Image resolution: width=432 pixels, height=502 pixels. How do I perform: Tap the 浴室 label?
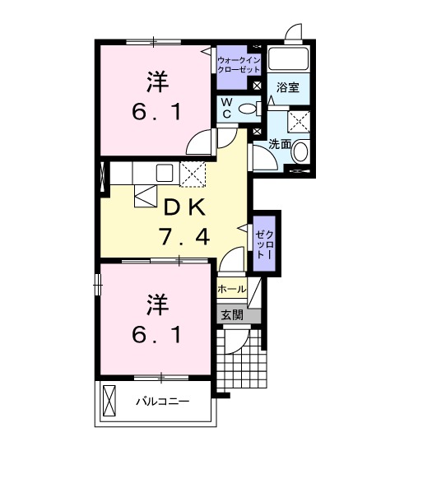point(287,86)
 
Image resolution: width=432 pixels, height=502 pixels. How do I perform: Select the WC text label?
point(226,108)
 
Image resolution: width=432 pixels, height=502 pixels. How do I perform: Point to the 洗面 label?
point(281,142)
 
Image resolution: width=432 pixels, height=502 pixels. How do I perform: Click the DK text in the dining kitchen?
point(183,207)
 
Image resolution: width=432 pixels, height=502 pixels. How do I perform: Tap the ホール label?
point(231,289)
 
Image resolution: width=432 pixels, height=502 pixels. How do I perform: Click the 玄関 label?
point(231,314)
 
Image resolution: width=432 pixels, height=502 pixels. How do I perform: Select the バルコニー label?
point(162,402)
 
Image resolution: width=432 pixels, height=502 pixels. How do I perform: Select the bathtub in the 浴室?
point(288,59)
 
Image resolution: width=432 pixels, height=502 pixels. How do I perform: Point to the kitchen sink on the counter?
point(165,174)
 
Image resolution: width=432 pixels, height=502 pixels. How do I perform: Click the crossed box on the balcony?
point(109,401)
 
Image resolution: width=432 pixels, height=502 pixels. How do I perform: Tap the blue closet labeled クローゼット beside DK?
point(264,242)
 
